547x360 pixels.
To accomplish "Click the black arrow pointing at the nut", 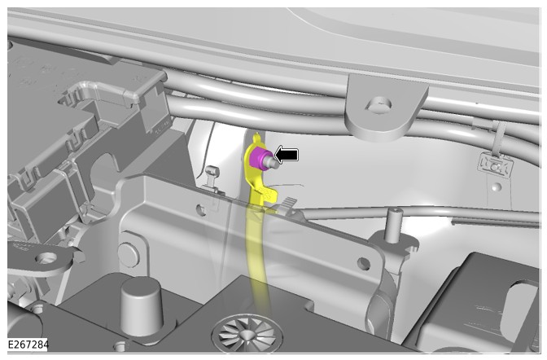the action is (x=287, y=155).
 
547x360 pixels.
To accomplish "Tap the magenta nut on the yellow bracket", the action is (x=259, y=156).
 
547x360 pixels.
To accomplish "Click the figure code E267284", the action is (x=28, y=345).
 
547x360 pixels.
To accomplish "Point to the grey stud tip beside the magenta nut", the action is (x=273, y=162).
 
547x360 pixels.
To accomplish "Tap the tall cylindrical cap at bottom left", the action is (x=141, y=306).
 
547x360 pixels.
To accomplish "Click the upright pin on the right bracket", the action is (x=393, y=225).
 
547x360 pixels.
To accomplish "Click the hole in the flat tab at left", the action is (x=47, y=257).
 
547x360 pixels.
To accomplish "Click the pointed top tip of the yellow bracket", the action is (x=257, y=133).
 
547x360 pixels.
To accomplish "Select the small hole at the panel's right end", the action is (x=364, y=263).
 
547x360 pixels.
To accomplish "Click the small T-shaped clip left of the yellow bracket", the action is (x=212, y=178).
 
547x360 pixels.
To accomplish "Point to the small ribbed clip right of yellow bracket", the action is (x=288, y=204).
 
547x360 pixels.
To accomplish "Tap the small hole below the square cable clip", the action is (x=496, y=187).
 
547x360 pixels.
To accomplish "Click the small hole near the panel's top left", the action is (x=201, y=209).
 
